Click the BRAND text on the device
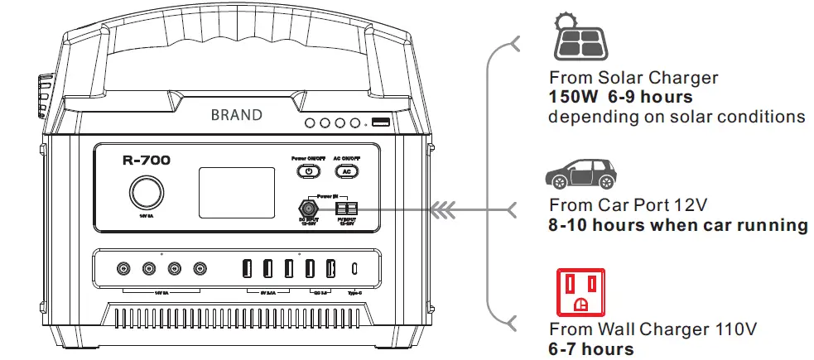(x=236, y=115)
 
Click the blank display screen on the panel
(x=236, y=192)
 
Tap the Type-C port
(x=355, y=268)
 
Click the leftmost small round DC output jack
(x=124, y=268)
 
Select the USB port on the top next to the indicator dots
(x=381, y=122)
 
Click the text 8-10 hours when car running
(x=678, y=225)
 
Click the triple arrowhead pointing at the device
(x=452, y=209)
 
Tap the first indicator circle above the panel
(x=311, y=123)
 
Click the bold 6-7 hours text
(x=591, y=348)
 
